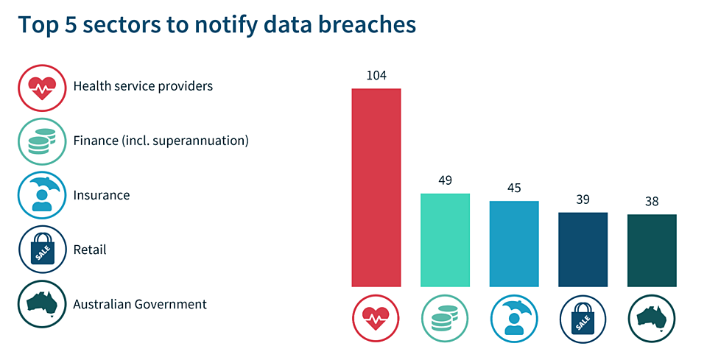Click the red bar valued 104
coord(376,187)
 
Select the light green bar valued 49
coord(445,239)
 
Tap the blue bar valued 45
coord(514,243)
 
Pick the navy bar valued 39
coord(583,249)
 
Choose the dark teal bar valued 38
coord(652,250)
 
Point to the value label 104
coord(376,76)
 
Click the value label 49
coord(445,180)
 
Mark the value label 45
coord(514,188)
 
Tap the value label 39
coord(583,200)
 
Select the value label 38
coord(652,202)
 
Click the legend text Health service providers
coord(143,86)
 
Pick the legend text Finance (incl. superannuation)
coord(161,141)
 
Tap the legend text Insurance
coord(102,195)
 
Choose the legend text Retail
coord(90,250)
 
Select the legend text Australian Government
coord(140,304)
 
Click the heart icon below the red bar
coord(376,319)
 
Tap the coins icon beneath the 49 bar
coord(445,319)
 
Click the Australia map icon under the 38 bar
coord(652,319)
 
